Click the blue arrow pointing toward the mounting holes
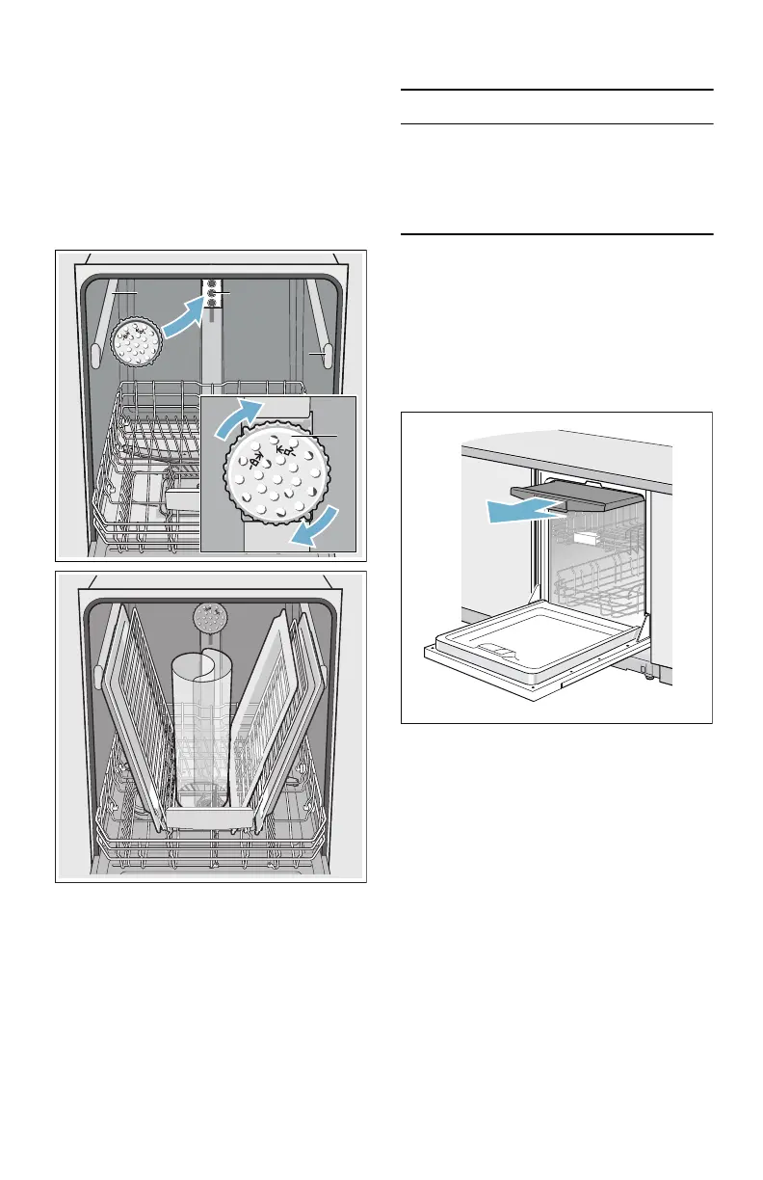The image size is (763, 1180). point(183,319)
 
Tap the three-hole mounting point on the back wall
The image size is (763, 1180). point(211,292)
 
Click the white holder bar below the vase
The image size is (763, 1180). point(210,818)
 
